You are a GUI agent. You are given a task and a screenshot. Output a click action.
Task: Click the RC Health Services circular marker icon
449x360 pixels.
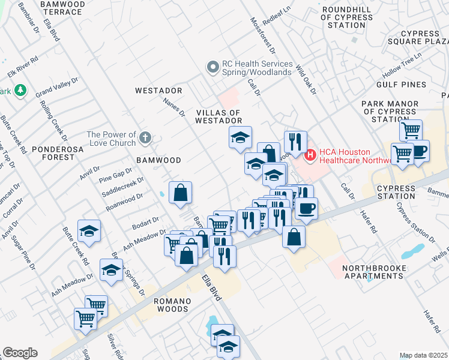(x=212, y=68)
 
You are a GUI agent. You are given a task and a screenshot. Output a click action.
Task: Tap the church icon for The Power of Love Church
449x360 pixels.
(x=145, y=139)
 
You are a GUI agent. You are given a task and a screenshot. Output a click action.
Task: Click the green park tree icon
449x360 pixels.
(x=21, y=90)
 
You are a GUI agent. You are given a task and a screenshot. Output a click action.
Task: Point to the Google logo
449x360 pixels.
(x=20, y=353)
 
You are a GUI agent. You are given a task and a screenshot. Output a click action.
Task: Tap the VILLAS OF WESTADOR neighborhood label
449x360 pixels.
(x=218, y=116)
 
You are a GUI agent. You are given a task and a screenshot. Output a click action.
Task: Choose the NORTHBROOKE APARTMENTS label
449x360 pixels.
(x=373, y=271)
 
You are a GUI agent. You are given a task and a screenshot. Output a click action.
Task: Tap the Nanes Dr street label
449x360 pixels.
(x=174, y=108)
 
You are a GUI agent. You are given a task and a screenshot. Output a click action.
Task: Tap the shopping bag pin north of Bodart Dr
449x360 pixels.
(x=180, y=193)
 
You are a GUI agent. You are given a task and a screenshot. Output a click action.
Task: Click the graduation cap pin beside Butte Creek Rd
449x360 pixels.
(x=89, y=232)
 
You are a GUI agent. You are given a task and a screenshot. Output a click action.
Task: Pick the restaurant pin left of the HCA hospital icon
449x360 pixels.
(x=295, y=142)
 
